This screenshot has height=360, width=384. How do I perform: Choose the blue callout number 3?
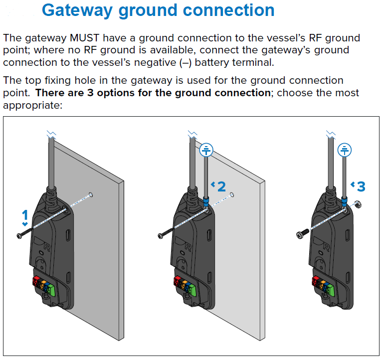click(x=361, y=186)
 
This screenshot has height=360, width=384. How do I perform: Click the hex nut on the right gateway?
click(x=357, y=204)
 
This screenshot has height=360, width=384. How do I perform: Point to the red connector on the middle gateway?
click(x=176, y=282)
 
